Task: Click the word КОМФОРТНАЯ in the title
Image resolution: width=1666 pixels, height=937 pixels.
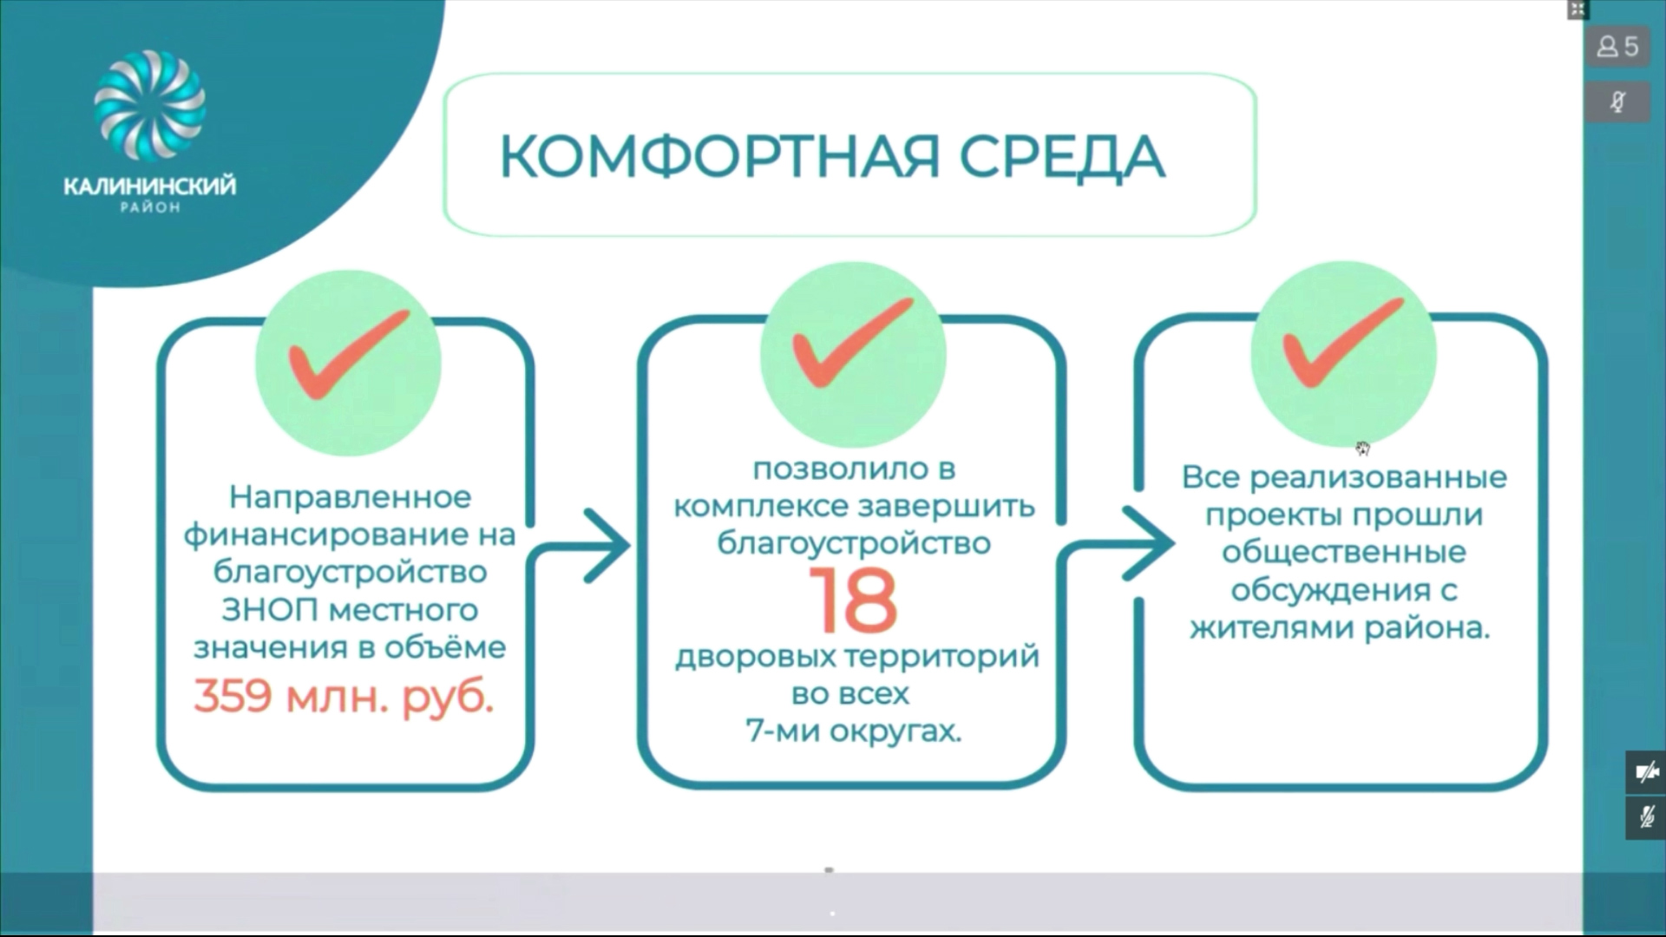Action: [720, 157]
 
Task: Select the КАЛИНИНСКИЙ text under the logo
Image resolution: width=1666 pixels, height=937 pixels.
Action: [149, 186]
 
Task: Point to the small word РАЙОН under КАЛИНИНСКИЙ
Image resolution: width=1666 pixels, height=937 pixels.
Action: [150, 208]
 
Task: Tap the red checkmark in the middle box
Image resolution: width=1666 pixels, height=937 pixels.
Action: [852, 343]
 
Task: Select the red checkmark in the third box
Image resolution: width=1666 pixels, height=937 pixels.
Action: [1342, 343]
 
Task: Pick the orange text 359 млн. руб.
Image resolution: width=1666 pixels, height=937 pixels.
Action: [344, 696]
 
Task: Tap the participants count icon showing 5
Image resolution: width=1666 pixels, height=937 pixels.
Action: [1618, 46]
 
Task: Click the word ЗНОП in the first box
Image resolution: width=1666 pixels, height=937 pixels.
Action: [269, 610]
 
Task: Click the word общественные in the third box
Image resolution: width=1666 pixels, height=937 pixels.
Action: [1344, 553]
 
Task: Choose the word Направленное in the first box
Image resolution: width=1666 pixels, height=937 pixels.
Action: [350, 498]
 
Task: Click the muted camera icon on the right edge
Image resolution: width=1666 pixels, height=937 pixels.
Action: [1646, 772]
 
